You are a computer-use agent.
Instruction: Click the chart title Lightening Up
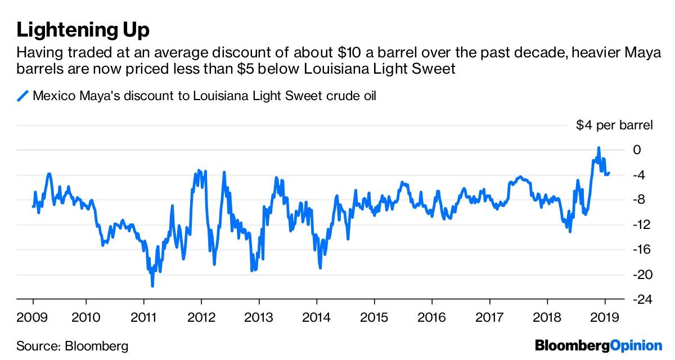(83, 29)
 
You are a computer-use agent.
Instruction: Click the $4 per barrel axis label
(614, 125)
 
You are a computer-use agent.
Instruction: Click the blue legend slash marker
(22, 96)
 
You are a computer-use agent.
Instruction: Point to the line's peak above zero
(598, 148)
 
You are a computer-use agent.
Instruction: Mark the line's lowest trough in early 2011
(152, 286)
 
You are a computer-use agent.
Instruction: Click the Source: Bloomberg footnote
(73, 345)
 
